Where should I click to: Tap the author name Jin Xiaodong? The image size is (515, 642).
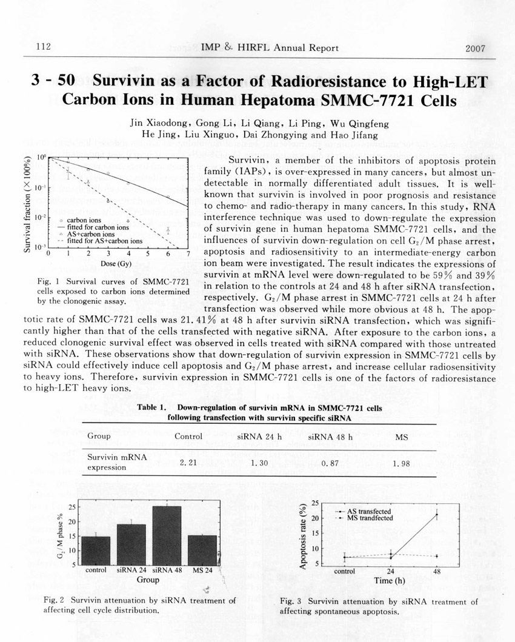pyautogui.click(x=159, y=124)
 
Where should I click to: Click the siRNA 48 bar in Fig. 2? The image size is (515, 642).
pyautogui.click(x=167, y=535)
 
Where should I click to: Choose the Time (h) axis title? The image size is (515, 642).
pyautogui.click(x=388, y=581)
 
